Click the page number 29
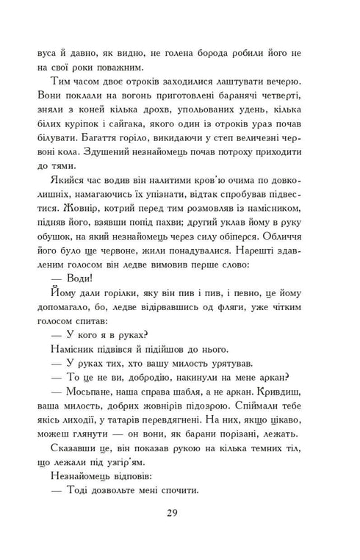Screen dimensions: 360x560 click(x=179, y=513)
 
